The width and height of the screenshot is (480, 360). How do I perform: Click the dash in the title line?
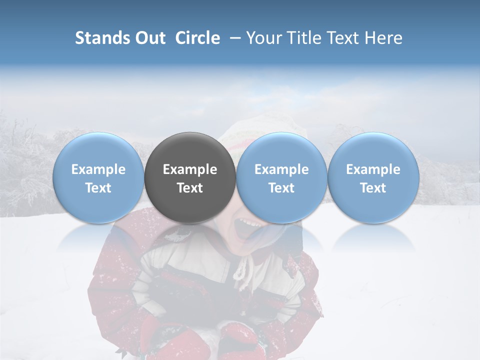(x=234, y=38)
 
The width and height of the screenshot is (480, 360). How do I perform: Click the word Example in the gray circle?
(x=190, y=170)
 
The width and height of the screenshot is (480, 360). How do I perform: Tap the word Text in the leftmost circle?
(x=98, y=188)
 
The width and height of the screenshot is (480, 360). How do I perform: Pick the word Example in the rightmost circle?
(x=373, y=170)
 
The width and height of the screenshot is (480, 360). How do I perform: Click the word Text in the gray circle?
(x=190, y=188)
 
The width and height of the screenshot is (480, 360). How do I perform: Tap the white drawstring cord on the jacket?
(x=243, y=270)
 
